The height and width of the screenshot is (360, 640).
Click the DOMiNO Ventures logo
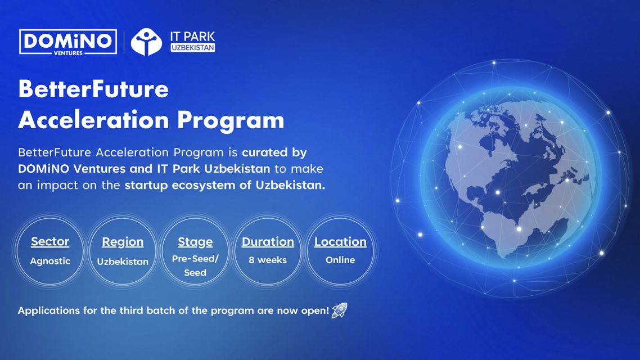(x=67, y=42)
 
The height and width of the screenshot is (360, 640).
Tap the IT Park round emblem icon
(x=146, y=42)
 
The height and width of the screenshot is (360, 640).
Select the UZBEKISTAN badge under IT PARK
(x=193, y=48)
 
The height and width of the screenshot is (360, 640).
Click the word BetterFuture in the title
(x=93, y=89)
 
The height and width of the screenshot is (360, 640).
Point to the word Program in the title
(x=231, y=121)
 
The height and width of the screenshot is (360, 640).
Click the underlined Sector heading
(x=50, y=242)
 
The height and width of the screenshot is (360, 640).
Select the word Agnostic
(x=50, y=261)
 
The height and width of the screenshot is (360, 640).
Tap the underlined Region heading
(x=123, y=242)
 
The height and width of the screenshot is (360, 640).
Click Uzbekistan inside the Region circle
(x=123, y=262)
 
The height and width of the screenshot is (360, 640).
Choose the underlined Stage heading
(x=195, y=242)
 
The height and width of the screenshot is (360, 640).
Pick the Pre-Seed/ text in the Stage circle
(x=195, y=259)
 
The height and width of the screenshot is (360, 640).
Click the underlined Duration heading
(x=268, y=242)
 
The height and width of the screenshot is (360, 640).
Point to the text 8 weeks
(x=268, y=260)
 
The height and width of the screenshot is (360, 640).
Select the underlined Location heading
(x=340, y=242)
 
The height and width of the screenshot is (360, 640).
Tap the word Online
(x=340, y=260)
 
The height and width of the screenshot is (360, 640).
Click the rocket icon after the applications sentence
(x=339, y=310)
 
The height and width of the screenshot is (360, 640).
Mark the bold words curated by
(x=274, y=152)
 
